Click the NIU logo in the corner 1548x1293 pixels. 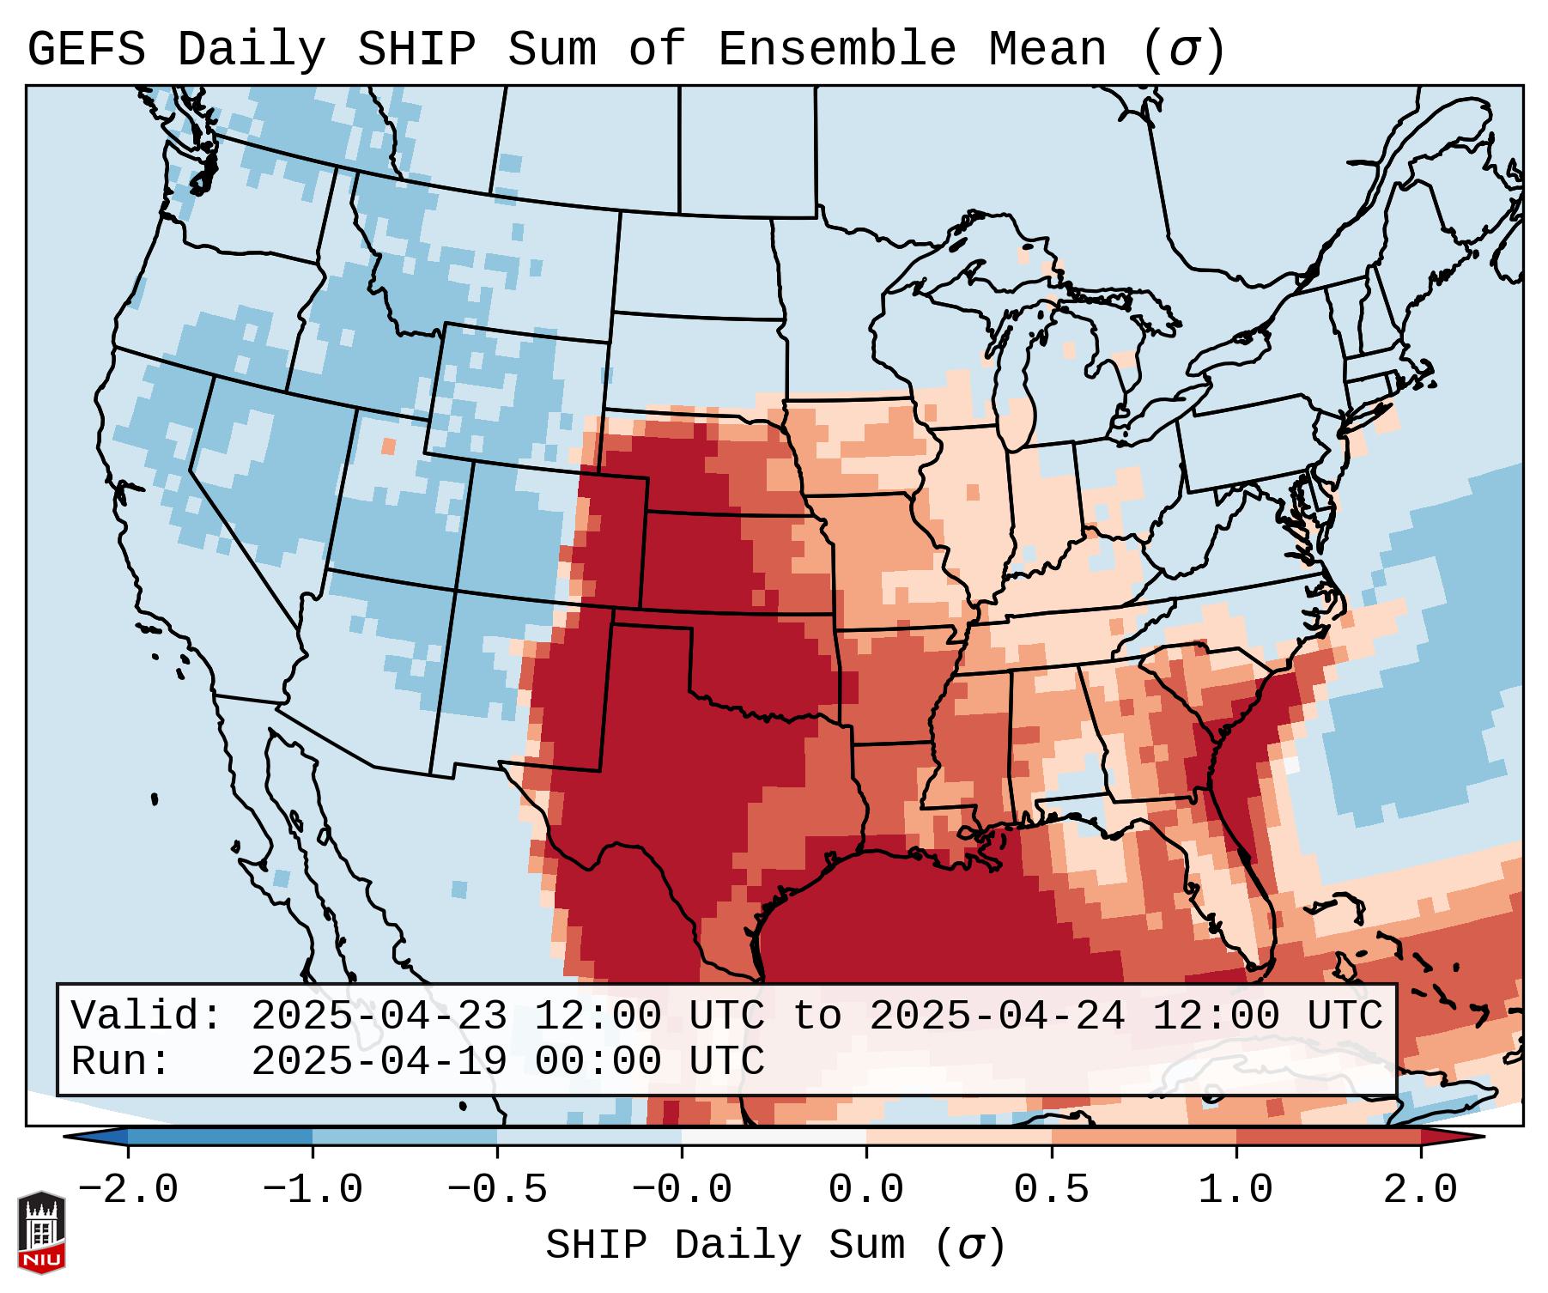pyautogui.click(x=41, y=1232)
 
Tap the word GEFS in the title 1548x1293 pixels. pyautogui.click(x=87, y=49)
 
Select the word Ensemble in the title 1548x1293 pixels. pyautogui.click(x=837, y=49)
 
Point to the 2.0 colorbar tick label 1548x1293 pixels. pyautogui.click(x=1421, y=1189)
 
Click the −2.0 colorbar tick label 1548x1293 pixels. pyautogui.click(x=128, y=1189)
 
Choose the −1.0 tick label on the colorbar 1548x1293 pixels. pyautogui.click(x=313, y=1189)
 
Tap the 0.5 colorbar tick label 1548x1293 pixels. pyautogui.click(x=1052, y=1189)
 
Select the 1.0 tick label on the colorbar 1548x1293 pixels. pyautogui.click(x=1236, y=1189)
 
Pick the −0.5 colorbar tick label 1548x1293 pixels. pyautogui.click(x=497, y=1189)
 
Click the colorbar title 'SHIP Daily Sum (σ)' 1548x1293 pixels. pyautogui.click(x=775, y=1245)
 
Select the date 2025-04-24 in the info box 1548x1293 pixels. pyautogui.click(x=997, y=1016)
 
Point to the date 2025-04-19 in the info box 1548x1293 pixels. pyautogui.click(x=379, y=1062)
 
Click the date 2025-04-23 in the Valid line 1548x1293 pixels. pyautogui.click(x=379, y=1016)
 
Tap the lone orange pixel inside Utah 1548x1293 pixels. pyautogui.click(x=388, y=446)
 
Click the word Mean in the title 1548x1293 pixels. pyautogui.click(x=1047, y=49)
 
